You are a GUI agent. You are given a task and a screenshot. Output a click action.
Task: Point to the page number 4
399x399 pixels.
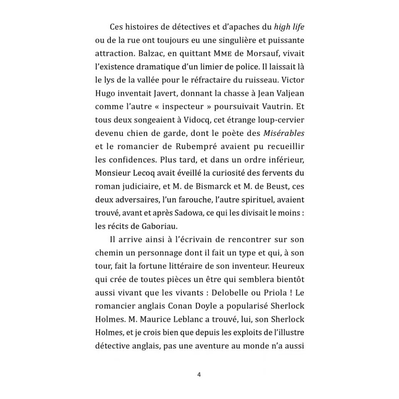point(199,374)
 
